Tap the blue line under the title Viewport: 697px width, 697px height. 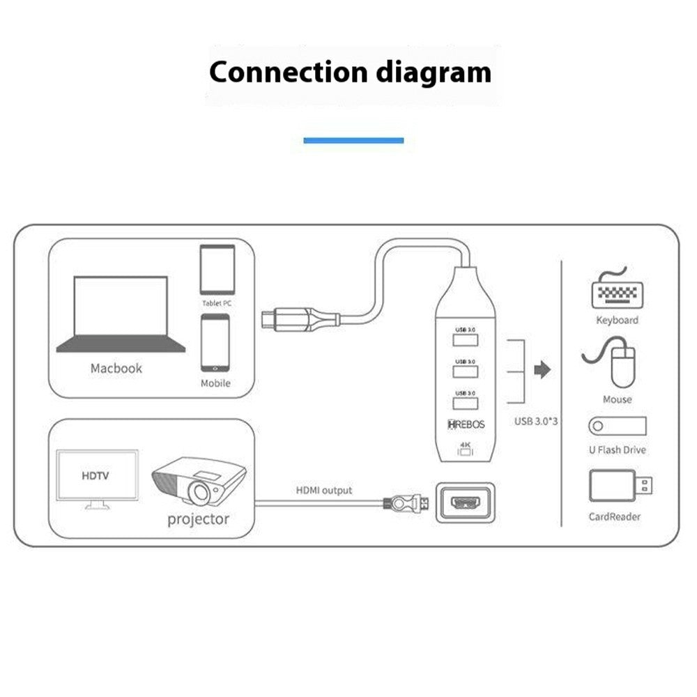click(353, 140)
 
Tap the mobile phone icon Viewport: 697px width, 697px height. click(215, 342)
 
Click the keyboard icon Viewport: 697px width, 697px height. click(618, 291)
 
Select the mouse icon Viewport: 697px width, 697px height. click(621, 365)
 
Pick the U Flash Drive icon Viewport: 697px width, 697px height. click(618, 427)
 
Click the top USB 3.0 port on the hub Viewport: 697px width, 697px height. click(465, 339)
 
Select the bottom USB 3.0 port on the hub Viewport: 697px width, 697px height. click(465, 403)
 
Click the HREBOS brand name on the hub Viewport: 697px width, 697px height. click(466, 424)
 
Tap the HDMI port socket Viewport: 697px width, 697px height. click(465, 503)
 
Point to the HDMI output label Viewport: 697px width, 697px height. click(325, 491)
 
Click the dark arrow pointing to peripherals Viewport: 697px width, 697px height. click(542, 370)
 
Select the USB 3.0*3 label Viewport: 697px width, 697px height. click(537, 421)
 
